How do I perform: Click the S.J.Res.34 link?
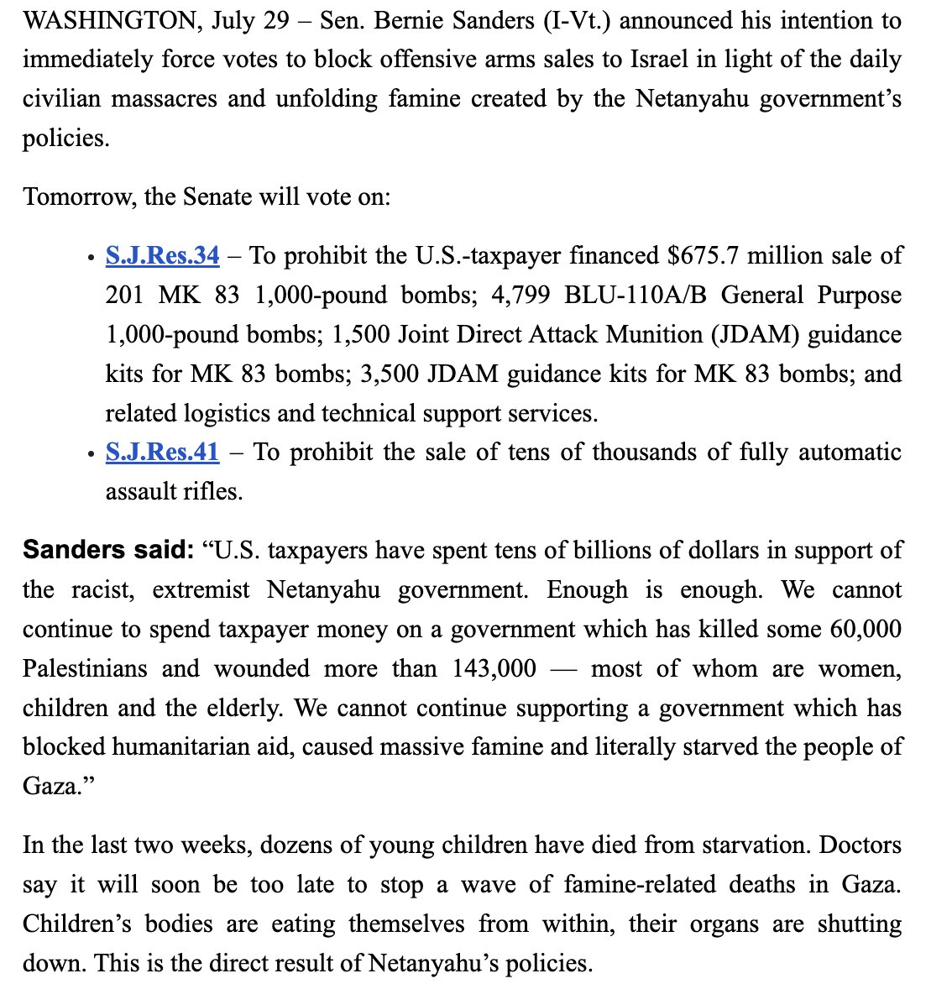click(162, 255)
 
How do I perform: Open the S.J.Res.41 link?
click(162, 453)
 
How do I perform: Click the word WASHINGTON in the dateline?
click(106, 20)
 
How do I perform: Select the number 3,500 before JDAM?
click(389, 374)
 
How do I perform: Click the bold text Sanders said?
click(108, 551)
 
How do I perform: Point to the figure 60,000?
click(866, 630)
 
